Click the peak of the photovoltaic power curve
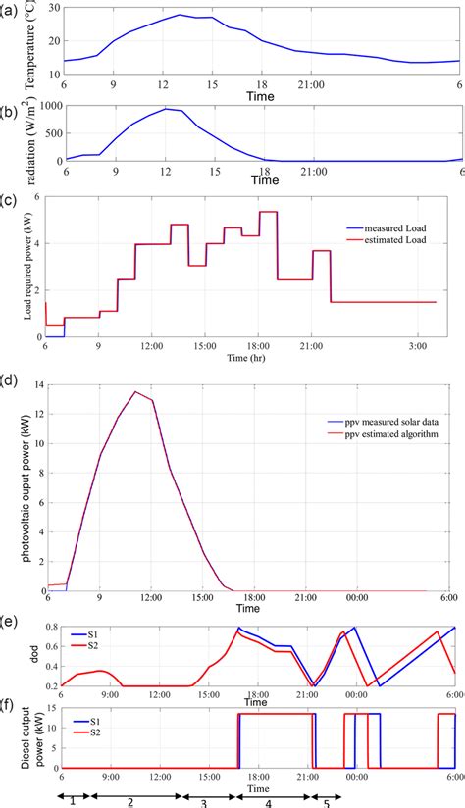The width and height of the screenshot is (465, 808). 134,392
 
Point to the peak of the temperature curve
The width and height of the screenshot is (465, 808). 180,15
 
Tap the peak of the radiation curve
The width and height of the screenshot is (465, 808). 166,108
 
